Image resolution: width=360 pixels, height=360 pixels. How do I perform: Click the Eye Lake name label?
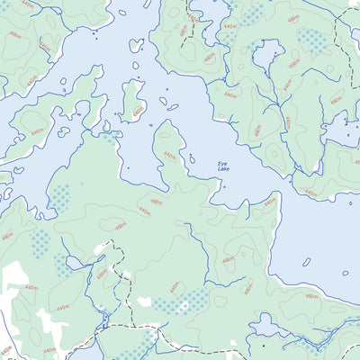223,166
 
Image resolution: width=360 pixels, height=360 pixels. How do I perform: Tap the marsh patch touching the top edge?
251,12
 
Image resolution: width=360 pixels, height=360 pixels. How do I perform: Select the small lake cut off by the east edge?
346,131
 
